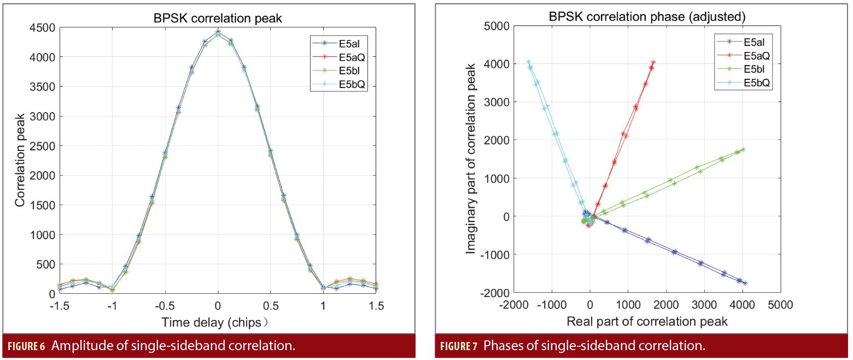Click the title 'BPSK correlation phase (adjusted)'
pos(647,17)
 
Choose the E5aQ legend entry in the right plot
pos(757,55)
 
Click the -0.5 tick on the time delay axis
pos(165,305)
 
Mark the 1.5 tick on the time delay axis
pos(376,305)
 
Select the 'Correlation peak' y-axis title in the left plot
pos(20,160)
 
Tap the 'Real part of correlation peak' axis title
pos(647,321)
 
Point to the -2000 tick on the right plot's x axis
pos(511,305)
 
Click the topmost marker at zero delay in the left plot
pos(218,31)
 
